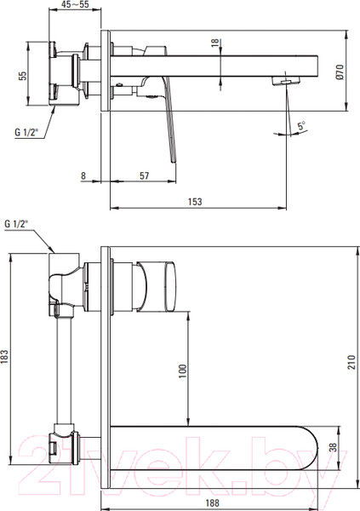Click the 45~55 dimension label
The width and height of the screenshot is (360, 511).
pyautogui.click(x=75, y=4)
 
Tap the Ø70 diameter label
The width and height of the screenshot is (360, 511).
pyautogui.click(x=340, y=72)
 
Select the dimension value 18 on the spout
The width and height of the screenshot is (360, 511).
pyautogui.click(x=215, y=43)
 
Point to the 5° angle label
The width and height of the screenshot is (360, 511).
pyautogui.click(x=301, y=126)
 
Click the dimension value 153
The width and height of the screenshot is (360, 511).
pyautogui.click(x=195, y=202)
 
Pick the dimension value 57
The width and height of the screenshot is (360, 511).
pyautogui.click(x=145, y=176)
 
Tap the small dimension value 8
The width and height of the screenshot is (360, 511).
pyautogui.click(x=83, y=176)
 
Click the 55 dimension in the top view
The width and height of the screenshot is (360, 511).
pyautogui.click(x=23, y=76)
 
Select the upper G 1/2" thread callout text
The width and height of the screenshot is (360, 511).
pyautogui.click(x=26, y=132)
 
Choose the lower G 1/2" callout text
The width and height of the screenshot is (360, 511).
pyautogui.click(x=17, y=224)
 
